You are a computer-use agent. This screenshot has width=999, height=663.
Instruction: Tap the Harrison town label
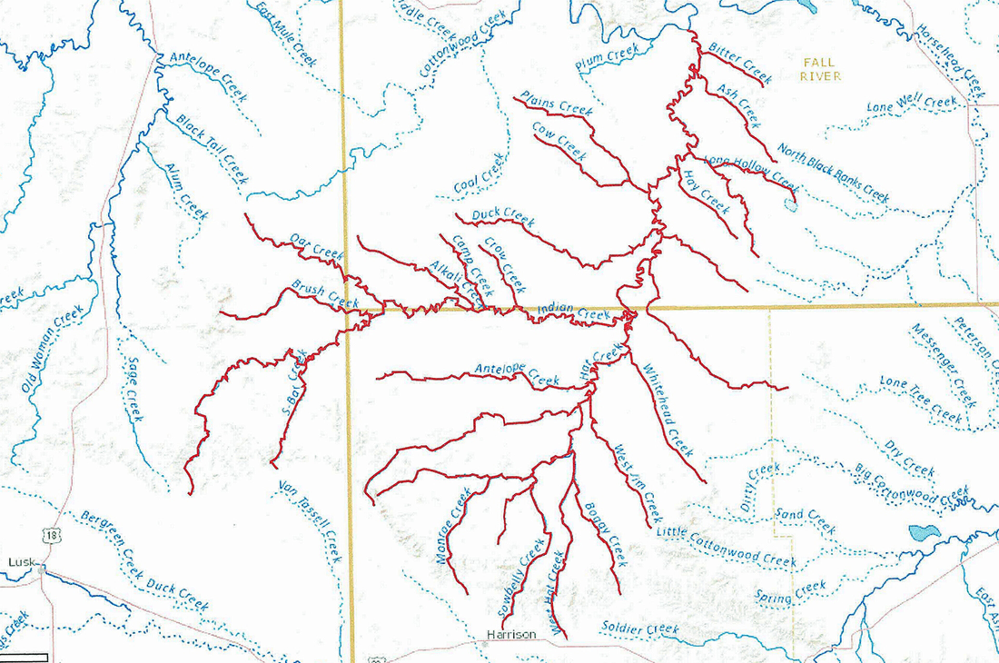point(511,634)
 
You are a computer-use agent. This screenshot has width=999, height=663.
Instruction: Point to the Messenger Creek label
point(943,366)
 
